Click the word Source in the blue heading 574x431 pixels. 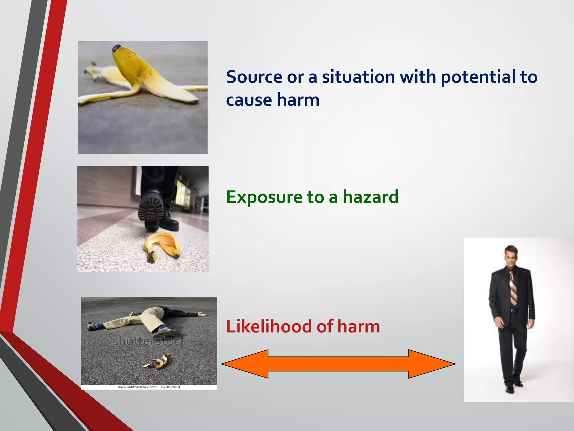click(x=254, y=77)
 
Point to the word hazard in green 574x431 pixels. click(x=370, y=197)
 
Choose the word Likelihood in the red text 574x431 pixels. click(x=269, y=327)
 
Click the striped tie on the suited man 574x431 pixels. click(x=513, y=289)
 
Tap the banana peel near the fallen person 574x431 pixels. click(x=157, y=362)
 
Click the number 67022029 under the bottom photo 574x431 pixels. click(x=170, y=387)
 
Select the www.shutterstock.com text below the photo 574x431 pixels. click(x=137, y=387)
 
